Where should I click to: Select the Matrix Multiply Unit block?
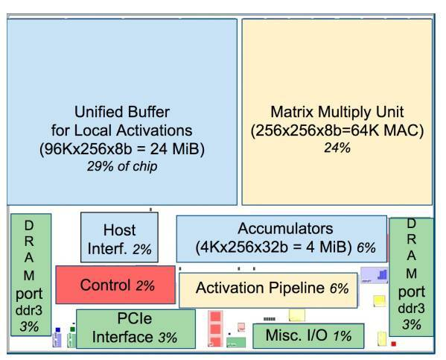pyautogui.click(x=337, y=112)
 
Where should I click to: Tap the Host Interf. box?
pyautogui.click(x=119, y=238)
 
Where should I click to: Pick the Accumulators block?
pyautogui.click(x=281, y=238)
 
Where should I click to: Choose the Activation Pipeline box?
pyautogui.click(x=272, y=288)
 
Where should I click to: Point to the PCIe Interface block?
pyautogui.click(x=136, y=329)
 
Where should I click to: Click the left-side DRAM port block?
pyautogui.click(x=31, y=274)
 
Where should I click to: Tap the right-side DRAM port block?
pyautogui.click(x=411, y=274)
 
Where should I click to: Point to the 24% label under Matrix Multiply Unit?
pyautogui.click(x=337, y=148)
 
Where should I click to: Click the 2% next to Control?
pyautogui.click(x=144, y=285)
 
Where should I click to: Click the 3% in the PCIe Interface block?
pyautogui.click(x=167, y=338)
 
